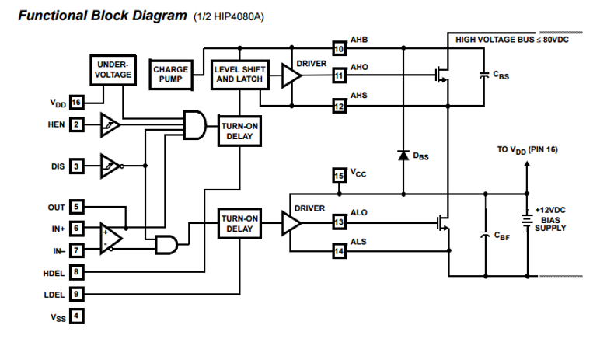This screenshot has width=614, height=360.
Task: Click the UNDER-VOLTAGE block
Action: pyautogui.click(x=113, y=71)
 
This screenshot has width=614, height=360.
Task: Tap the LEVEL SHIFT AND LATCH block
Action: pyautogui.click(x=239, y=75)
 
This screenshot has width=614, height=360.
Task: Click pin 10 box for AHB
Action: pyautogui.click(x=338, y=47)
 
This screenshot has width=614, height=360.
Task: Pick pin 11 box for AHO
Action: pyautogui.click(x=338, y=75)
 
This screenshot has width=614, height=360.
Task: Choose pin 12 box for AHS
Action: pyautogui.click(x=338, y=104)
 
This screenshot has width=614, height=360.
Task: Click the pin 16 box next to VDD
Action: pyautogui.click(x=76, y=103)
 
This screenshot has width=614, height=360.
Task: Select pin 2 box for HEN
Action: pyautogui.click(x=76, y=124)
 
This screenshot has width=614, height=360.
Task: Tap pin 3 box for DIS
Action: pyautogui.click(x=76, y=166)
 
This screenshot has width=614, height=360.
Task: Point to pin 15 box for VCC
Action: pyautogui.click(x=338, y=177)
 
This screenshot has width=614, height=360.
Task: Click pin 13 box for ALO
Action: pyautogui.click(x=338, y=222)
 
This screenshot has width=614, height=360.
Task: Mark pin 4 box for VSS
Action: pyautogui.click(x=76, y=316)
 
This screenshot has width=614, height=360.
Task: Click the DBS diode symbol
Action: pyautogui.click(x=403, y=154)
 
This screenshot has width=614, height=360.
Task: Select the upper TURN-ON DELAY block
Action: pyautogui.click(x=239, y=131)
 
